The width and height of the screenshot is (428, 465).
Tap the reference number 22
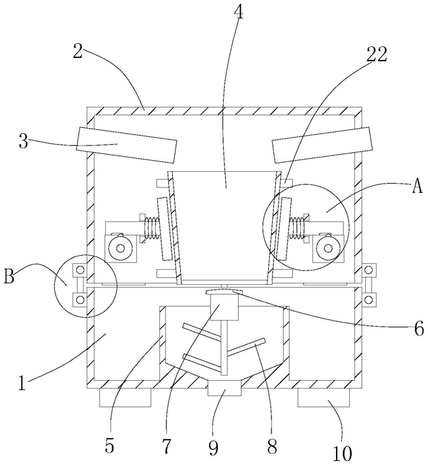[376, 54]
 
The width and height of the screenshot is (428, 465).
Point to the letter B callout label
[9, 276]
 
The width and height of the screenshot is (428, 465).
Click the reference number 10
[343, 453]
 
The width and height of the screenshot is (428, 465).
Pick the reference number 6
[419, 329]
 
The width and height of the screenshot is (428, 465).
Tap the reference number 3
[23, 142]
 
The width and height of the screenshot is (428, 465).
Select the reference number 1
[22, 382]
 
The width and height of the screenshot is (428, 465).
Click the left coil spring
[151, 227]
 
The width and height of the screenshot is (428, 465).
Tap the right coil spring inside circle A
[296, 227]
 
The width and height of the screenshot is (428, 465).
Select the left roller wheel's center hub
[120, 248]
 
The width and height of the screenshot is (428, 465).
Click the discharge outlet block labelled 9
[224, 388]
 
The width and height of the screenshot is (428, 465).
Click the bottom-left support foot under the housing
[125, 397]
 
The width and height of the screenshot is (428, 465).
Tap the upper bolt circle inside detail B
[80, 270]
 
